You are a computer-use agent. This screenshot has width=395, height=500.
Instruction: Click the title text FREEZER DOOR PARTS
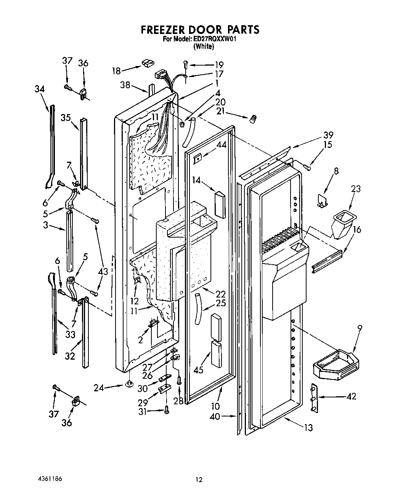click(200, 30)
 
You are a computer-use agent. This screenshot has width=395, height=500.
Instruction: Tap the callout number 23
click(356, 189)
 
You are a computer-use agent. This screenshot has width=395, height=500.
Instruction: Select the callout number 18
click(116, 71)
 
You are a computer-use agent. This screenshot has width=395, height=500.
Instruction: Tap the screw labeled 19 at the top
click(186, 64)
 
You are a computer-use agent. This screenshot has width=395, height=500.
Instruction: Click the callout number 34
click(39, 89)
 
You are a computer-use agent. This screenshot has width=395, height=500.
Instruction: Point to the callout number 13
click(308, 428)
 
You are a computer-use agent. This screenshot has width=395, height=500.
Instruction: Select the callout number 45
click(198, 370)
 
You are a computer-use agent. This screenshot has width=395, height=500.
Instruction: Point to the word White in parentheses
click(204, 47)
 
